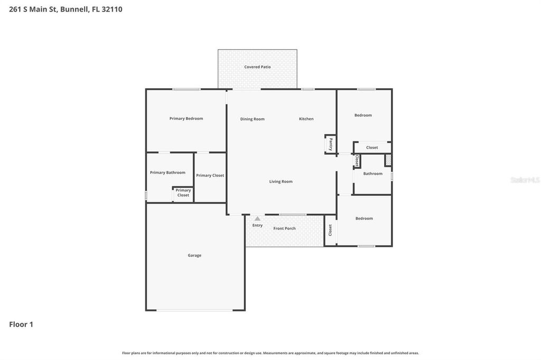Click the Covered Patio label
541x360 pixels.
coord(257,67)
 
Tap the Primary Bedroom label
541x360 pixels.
coord(186,119)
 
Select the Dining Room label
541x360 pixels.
coord(252,119)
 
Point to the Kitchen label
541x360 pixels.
coord(306,119)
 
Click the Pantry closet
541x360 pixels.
coord(330,144)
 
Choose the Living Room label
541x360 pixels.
coord(281,182)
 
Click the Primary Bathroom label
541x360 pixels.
coord(167,173)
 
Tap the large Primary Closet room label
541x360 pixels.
coord(210,175)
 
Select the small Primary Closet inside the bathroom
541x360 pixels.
coord(183,193)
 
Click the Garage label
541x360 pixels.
coord(194,255)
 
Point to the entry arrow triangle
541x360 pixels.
coord(257,218)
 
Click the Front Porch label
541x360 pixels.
coord(284,229)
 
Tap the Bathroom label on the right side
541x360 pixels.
coord(372,174)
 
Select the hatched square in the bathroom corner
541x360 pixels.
coord(388,160)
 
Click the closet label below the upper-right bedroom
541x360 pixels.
coord(372,148)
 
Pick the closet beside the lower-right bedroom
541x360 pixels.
coord(330,230)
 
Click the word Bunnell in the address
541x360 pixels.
coord(74,9)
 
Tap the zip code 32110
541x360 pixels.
coord(111,9)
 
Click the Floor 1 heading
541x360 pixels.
coord(21,325)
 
